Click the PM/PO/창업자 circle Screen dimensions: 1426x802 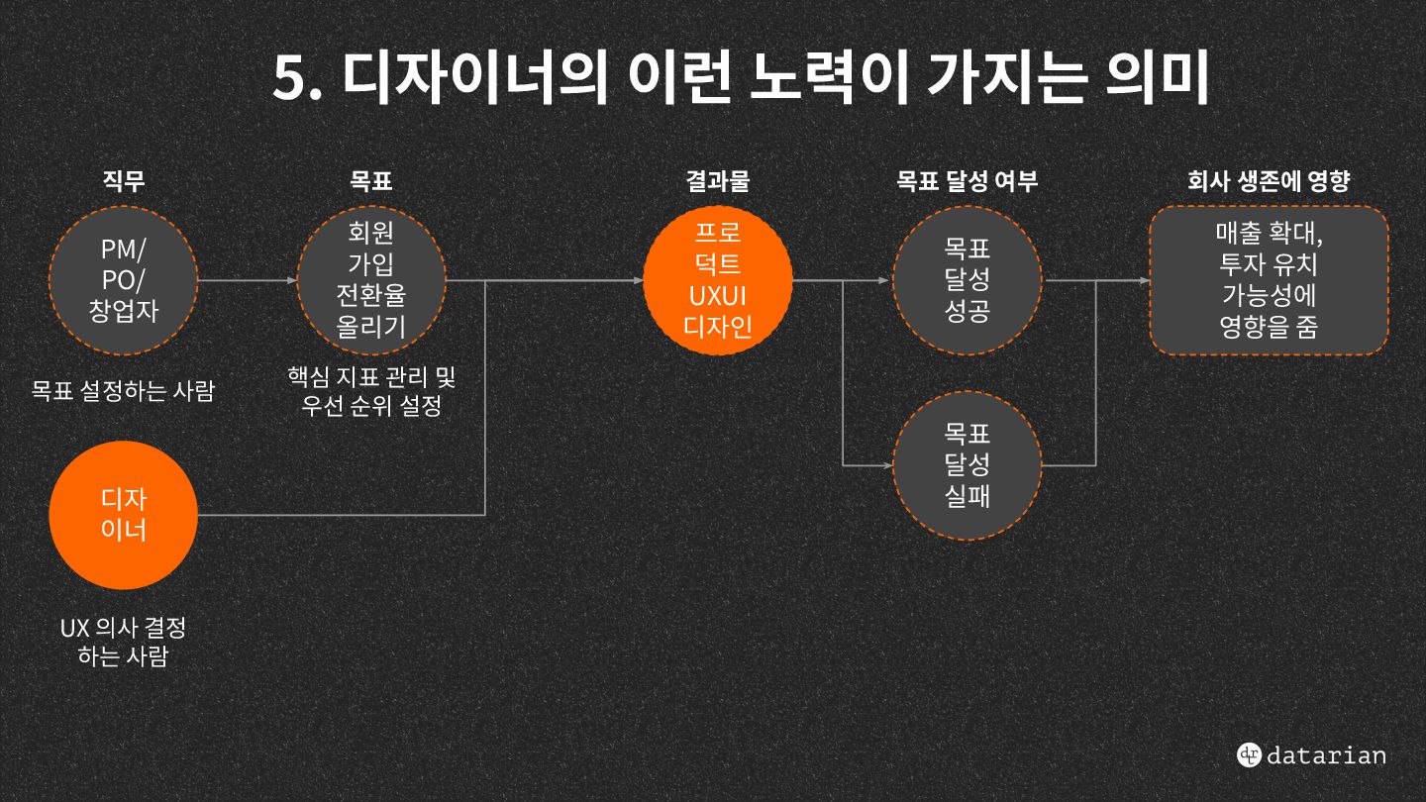(x=124, y=280)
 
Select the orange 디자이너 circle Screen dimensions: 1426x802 (x=124, y=514)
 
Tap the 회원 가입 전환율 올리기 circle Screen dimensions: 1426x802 (x=371, y=280)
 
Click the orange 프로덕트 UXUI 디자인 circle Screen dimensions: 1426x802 (x=718, y=280)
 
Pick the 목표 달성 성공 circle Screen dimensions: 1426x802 (x=967, y=280)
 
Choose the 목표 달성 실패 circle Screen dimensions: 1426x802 (x=967, y=464)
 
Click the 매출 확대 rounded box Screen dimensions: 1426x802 (x=1269, y=280)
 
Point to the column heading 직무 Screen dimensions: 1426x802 (x=124, y=181)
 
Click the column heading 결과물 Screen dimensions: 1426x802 (x=718, y=181)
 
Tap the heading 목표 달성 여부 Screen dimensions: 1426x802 (x=967, y=181)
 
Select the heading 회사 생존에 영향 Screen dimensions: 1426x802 (x=1269, y=181)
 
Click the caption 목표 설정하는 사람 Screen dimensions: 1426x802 (x=123, y=391)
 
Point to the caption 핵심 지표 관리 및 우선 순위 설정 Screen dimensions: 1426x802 (x=371, y=391)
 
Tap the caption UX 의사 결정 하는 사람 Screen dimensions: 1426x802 (x=123, y=642)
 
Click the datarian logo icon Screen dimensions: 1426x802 (x=1249, y=754)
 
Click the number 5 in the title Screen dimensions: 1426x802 (x=290, y=79)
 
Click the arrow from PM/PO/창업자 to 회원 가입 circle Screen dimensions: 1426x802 (x=248, y=280)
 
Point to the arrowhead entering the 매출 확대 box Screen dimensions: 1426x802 (x=1144, y=280)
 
